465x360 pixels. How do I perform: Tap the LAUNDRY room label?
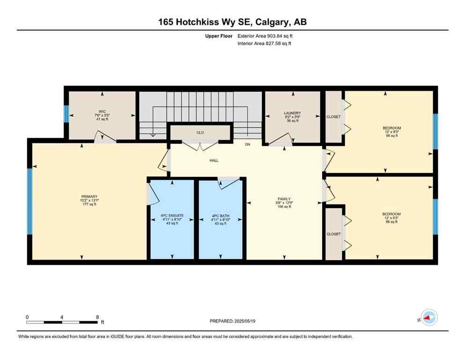point(292,113)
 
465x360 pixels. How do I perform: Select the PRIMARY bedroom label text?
point(89,196)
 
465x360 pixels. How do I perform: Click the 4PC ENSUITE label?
point(172,216)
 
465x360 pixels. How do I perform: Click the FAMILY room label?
point(284,199)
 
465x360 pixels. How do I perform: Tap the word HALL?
point(214,160)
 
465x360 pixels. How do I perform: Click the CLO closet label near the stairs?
point(200,132)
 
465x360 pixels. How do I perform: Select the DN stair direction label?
point(248,144)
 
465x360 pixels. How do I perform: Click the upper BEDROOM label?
point(391,128)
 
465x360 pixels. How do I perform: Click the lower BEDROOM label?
point(391,214)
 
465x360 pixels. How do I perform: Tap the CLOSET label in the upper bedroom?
point(334,117)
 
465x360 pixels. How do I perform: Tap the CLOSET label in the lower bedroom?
point(334,234)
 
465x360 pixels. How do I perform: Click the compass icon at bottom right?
point(429,317)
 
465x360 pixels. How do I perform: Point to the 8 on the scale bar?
point(96,317)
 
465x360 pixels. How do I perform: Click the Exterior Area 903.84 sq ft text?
point(266,36)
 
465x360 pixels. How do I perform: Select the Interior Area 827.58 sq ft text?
point(265,44)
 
